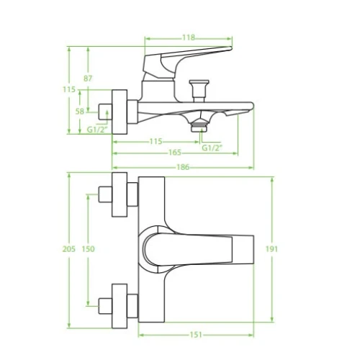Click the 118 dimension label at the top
(x=189, y=37)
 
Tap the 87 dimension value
(x=88, y=78)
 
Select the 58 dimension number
(x=80, y=112)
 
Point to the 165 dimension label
(x=175, y=153)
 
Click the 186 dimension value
(x=183, y=167)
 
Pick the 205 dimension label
(x=69, y=249)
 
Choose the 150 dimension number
(x=88, y=249)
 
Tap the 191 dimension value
(x=271, y=249)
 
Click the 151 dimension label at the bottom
(x=196, y=335)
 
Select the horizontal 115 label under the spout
(x=156, y=141)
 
